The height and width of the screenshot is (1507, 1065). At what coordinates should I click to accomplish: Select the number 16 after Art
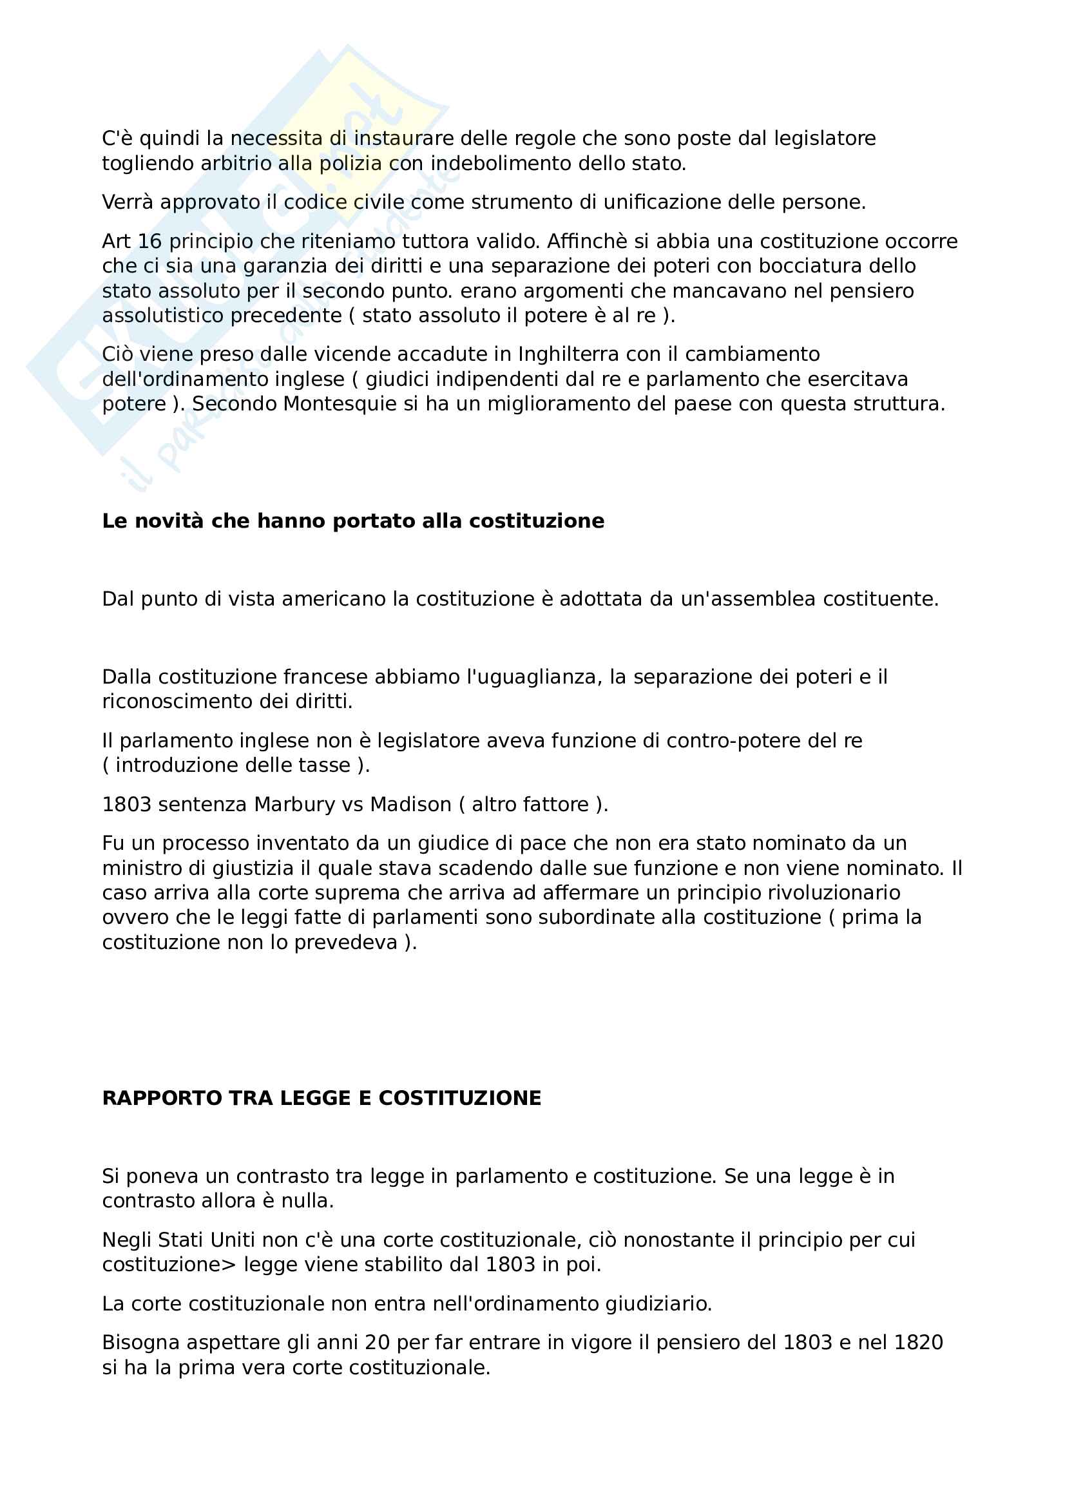point(149,242)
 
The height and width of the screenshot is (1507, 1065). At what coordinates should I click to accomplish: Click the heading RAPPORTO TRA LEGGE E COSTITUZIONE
point(321,1098)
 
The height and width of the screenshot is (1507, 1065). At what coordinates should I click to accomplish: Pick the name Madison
point(411,805)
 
